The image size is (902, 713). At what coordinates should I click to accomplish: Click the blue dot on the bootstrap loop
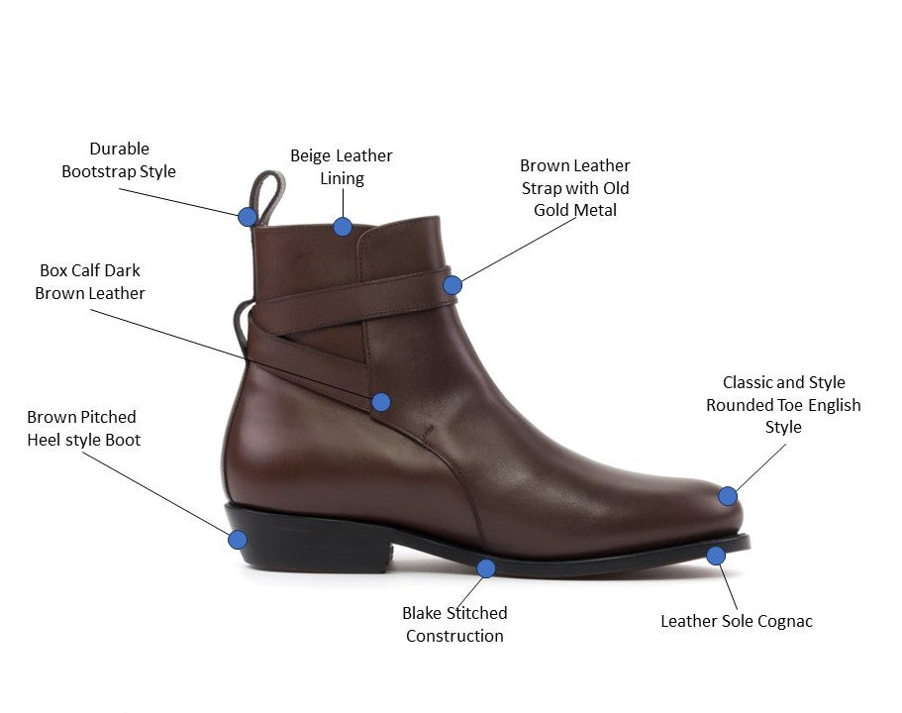coord(248,216)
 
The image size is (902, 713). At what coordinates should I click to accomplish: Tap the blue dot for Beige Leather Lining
coord(342,226)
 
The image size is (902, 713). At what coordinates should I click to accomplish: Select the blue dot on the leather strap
coord(452,285)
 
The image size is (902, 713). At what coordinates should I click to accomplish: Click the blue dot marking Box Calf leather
coord(381,401)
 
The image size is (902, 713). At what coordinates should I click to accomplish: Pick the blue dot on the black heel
coord(238,540)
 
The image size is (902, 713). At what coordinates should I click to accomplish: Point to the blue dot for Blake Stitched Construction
coord(486,567)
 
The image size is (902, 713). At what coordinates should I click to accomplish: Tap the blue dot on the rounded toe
coord(728,496)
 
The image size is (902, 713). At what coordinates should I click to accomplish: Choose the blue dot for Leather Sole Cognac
coord(716,556)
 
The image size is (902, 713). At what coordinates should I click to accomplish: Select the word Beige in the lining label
coord(310,155)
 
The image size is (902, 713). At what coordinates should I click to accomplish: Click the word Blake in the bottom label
coord(423,613)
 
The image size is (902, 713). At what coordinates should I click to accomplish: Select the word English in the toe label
coord(834,405)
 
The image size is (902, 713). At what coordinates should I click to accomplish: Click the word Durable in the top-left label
coord(119,149)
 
